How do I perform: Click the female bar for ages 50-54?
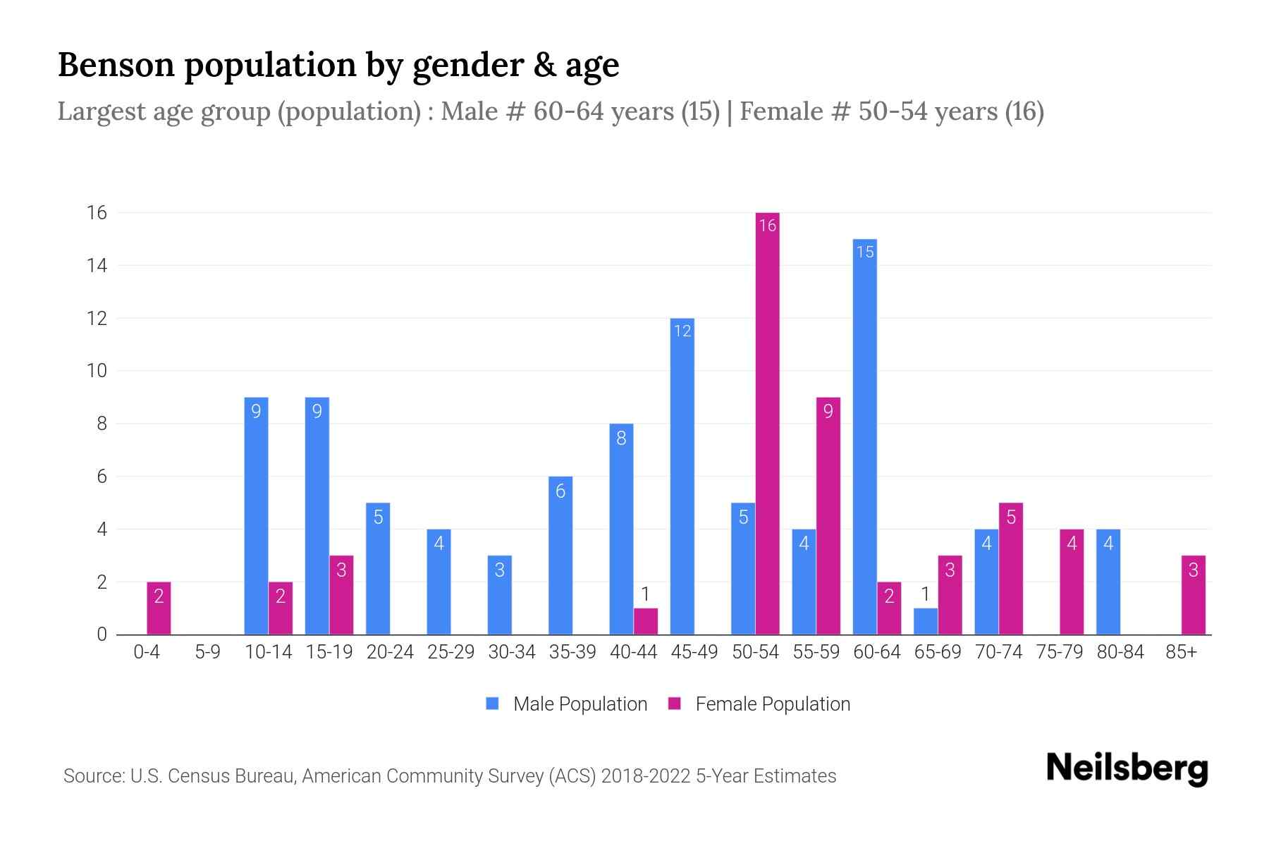(767, 423)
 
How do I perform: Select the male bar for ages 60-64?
(864, 437)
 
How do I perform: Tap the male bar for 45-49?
(682, 477)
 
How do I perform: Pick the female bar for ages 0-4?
(159, 608)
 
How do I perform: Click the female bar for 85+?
(1193, 595)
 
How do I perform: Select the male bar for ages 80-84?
(1108, 582)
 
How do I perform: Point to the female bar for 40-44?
(645, 621)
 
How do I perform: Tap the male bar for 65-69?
(925, 621)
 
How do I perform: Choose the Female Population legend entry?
(759, 704)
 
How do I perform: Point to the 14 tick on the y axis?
(97, 266)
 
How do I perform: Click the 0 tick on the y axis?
(102, 634)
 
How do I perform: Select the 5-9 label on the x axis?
(207, 652)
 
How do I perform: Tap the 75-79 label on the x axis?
(1059, 652)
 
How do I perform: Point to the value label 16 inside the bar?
(767, 226)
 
